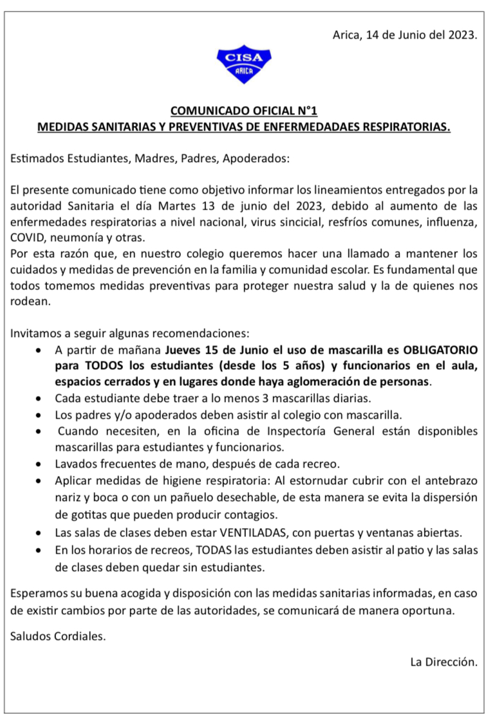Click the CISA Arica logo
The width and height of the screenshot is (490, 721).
tap(244, 64)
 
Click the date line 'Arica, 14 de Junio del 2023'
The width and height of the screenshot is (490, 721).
tap(405, 35)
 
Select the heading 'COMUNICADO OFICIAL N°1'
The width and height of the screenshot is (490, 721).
tap(244, 111)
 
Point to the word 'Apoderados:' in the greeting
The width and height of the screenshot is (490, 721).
tap(260, 158)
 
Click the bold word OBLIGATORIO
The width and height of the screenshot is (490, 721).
tap(440, 351)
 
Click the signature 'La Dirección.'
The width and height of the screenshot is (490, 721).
tap(444, 661)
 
